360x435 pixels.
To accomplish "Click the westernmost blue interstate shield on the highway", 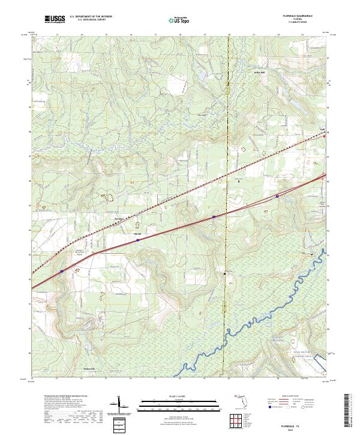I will (61, 271).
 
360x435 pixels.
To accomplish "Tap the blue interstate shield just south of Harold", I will (137, 239).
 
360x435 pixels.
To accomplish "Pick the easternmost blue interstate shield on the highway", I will (277, 196).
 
